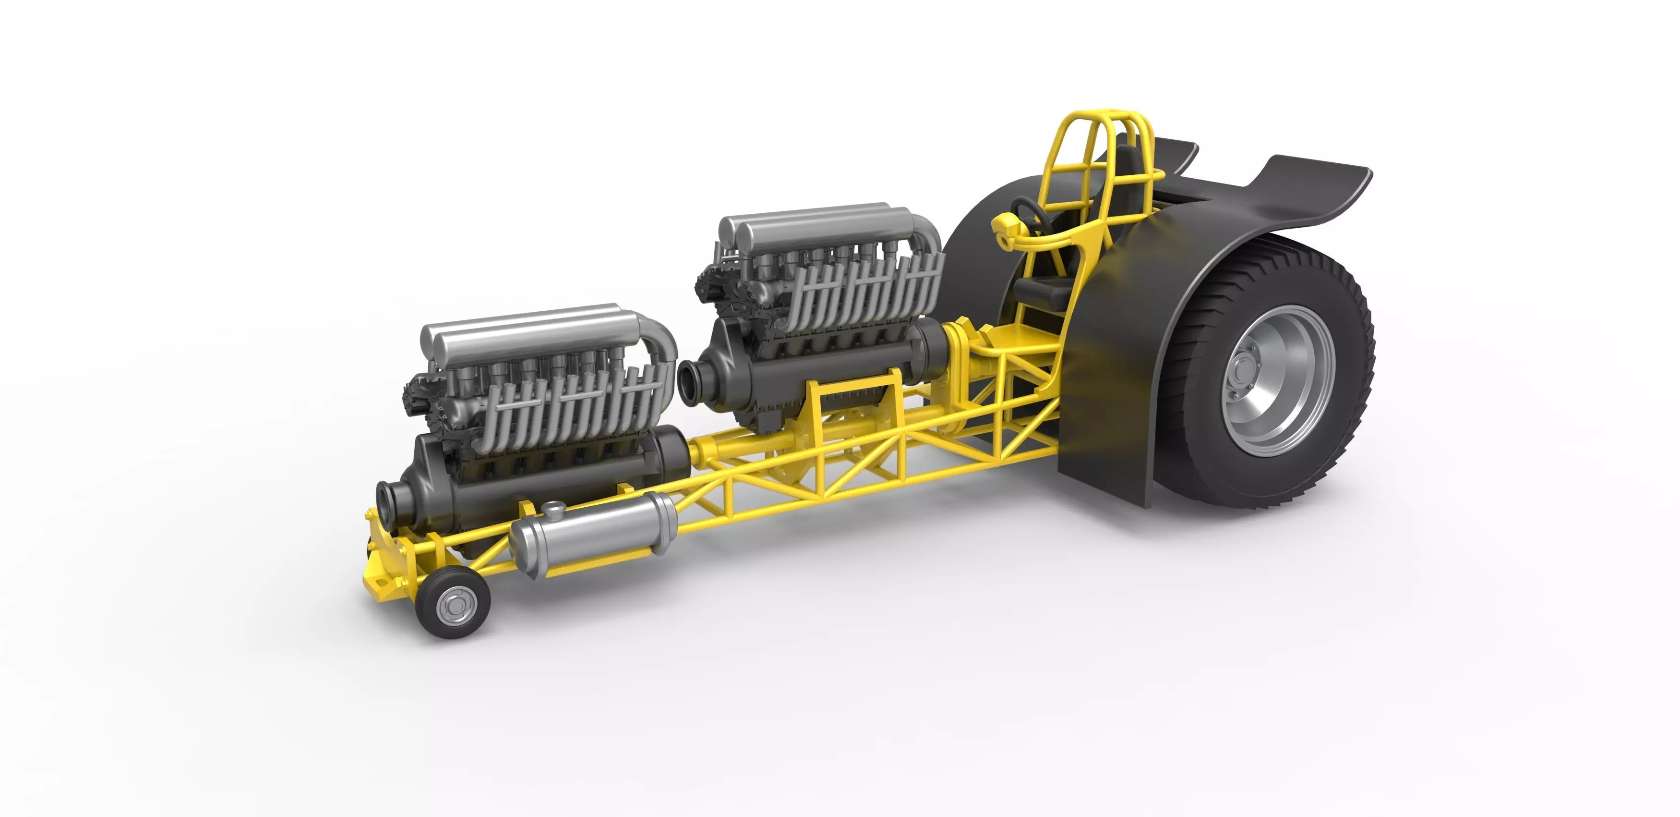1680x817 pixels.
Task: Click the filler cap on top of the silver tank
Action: [x=554, y=508]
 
